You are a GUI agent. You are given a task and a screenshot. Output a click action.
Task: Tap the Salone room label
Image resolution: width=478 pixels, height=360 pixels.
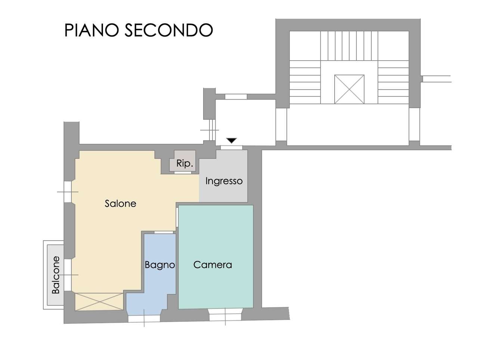tap(120, 204)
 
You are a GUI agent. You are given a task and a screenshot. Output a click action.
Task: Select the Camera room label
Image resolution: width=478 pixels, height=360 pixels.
tap(212, 265)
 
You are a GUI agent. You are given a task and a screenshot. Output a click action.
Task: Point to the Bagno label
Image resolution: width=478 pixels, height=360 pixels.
tap(160, 265)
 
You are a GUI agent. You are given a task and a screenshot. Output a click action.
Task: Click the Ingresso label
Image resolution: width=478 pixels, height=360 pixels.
tap(224, 181)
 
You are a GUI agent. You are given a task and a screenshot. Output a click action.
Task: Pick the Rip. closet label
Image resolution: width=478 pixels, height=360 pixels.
tap(184, 163)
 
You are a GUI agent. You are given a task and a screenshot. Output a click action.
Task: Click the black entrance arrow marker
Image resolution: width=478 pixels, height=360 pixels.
tap(231, 140)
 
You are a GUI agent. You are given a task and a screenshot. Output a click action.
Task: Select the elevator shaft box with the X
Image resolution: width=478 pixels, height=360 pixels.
tap(349, 89)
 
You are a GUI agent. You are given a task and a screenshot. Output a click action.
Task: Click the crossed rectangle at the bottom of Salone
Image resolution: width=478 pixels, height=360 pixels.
tap(99, 301)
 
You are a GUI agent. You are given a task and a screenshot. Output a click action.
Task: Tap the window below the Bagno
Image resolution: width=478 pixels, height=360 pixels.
tap(144, 319)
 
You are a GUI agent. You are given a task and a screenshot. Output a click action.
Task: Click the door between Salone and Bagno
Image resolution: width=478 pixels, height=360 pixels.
tap(164, 232)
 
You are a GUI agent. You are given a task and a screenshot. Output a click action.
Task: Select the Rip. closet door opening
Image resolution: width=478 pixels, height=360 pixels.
tap(183, 172)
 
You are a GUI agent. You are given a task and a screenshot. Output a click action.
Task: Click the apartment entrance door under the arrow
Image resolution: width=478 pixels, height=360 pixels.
tap(231, 148)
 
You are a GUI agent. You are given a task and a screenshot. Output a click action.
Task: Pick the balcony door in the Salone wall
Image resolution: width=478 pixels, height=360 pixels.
tap(68, 275)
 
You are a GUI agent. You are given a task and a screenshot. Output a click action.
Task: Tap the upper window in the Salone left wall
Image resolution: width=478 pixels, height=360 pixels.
tap(68, 192)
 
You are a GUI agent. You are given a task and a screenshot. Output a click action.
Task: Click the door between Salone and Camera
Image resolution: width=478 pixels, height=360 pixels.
tap(177, 217)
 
